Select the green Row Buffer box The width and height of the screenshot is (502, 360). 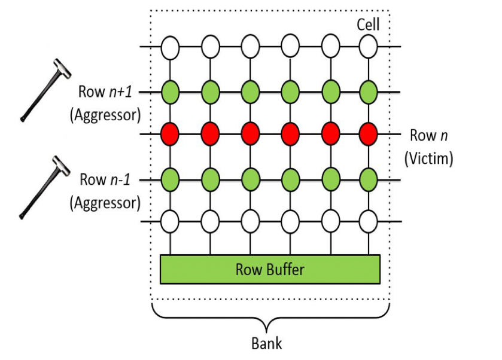pyautogui.click(x=270, y=269)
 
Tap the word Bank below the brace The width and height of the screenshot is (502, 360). pyautogui.click(x=266, y=343)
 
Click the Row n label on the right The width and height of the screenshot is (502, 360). pyautogui.click(x=428, y=135)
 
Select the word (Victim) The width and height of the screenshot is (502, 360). pyautogui.click(x=429, y=158)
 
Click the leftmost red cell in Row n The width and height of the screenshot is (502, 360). pyautogui.click(x=171, y=134)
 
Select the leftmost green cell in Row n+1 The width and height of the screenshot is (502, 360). pyautogui.click(x=171, y=92)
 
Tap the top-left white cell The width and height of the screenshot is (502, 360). pyautogui.click(x=171, y=45)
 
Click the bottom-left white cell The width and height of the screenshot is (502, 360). pyautogui.click(x=171, y=222)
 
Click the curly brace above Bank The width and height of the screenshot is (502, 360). pyautogui.click(x=270, y=316)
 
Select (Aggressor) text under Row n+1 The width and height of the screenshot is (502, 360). pyautogui.click(x=105, y=115)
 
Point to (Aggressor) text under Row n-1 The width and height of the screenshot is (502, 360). pyautogui.click(x=105, y=203)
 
